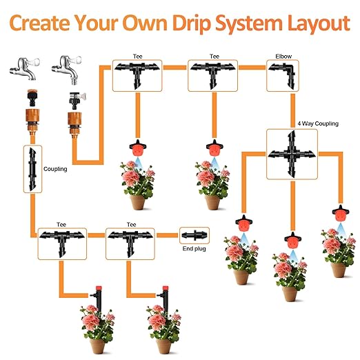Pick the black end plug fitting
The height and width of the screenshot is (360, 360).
pyautogui.click(x=194, y=235)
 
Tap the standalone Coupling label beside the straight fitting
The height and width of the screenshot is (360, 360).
pyautogui.click(x=55, y=168)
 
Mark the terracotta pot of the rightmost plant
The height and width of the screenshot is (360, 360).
pyautogui.click(x=337, y=268)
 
